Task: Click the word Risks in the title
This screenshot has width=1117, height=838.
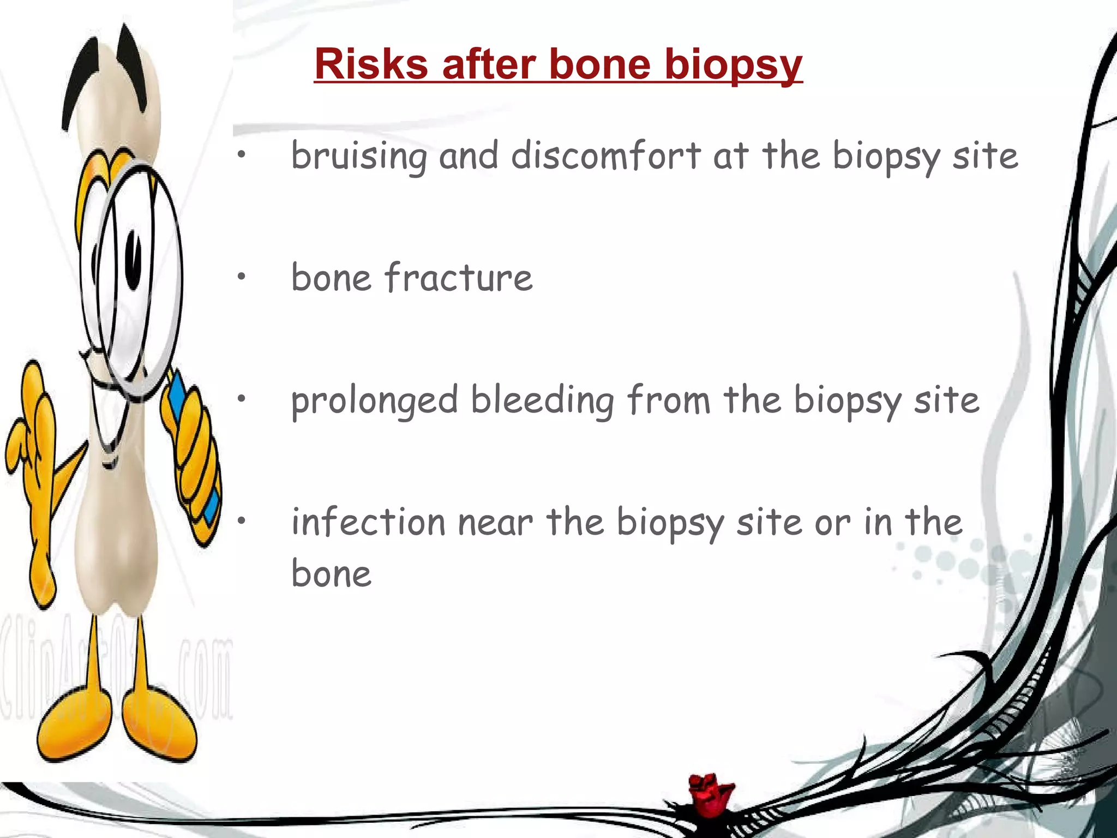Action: click(371, 64)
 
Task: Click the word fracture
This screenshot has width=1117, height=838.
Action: click(458, 278)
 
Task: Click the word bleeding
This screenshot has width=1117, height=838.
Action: click(542, 400)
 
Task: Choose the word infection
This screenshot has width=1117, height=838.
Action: click(368, 522)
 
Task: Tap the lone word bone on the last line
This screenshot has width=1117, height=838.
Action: click(331, 574)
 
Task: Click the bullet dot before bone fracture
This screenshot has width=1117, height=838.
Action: click(241, 277)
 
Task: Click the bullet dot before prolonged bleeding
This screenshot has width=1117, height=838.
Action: click(241, 399)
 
